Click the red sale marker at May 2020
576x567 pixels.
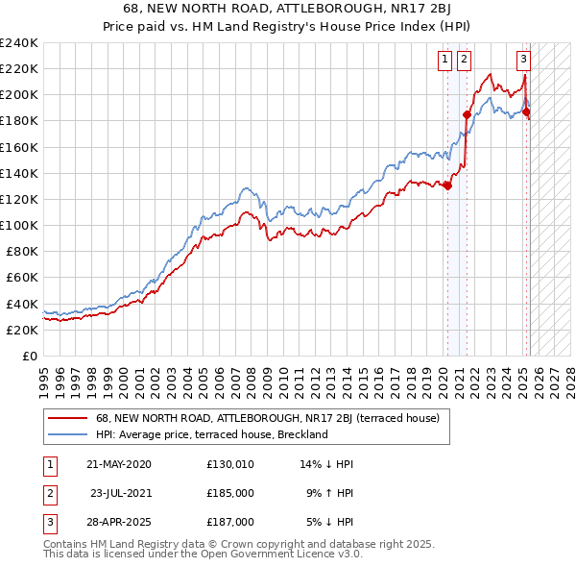click(x=447, y=185)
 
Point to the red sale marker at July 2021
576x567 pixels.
click(x=467, y=114)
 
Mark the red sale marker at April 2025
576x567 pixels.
click(x=526, y=111)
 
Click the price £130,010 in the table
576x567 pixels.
click(x=229, y=464)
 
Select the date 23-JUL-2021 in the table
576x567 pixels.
click(x=123, y=493)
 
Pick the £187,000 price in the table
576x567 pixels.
click(x=229, y=522)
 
